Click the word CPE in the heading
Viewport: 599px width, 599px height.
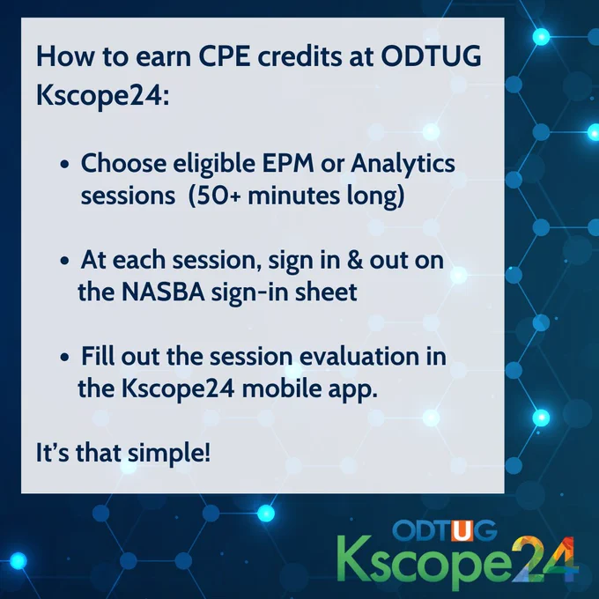(224, 56)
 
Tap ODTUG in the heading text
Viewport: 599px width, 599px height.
(431, 56)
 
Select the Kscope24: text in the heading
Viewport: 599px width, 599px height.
(102, 95)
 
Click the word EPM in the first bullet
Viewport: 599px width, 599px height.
(288, 164)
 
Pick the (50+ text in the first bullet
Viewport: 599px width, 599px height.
(215, 196)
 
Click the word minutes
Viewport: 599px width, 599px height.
(293, 196)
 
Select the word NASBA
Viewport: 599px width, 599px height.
(163, 292)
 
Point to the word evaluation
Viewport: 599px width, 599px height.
(359, 357)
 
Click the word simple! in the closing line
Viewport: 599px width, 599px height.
(169, 454)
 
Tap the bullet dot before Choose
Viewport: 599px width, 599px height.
(65, 164)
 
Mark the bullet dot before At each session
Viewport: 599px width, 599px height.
(65, 261)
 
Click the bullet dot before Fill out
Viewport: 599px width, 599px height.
(65, 358)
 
